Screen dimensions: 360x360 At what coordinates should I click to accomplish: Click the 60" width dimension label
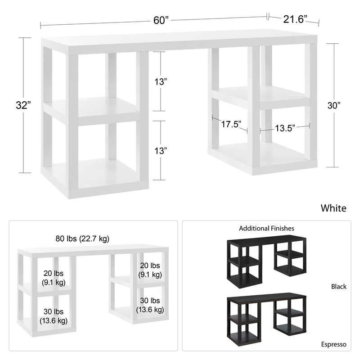(x=161, y=20)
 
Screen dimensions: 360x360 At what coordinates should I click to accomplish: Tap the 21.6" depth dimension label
(x=295, y=19)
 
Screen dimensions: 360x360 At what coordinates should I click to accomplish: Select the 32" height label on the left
(x=23, y=105)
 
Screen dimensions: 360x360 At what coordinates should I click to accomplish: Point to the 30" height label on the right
(x=334, y=105)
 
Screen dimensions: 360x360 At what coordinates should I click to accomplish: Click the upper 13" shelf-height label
(x=161, y=81)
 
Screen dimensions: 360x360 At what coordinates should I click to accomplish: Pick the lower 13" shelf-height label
(x=161, y=151)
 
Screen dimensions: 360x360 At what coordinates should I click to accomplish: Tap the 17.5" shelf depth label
(x=231, y=124)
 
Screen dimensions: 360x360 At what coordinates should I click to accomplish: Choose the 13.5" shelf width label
(x=285, y=128)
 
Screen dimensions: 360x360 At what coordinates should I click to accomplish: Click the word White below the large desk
(x=333, y=208)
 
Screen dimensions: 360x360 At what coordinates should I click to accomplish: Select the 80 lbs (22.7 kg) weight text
(x=82, y=239)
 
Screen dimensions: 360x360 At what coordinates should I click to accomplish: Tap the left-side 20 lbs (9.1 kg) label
(x=54, y=278)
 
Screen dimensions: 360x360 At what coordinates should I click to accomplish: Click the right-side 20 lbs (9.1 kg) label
(x=150, y=270)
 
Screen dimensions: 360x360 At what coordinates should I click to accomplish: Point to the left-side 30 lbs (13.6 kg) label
(x=54, y=316)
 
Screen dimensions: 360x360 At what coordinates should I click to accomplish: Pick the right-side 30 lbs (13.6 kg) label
(x=150, y=305)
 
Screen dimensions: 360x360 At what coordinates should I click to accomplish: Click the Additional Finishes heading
(x=266, y=229)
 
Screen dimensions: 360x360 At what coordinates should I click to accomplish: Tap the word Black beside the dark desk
(x=339, y=287)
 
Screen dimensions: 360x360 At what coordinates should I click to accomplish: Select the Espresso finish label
(x=333, y=344)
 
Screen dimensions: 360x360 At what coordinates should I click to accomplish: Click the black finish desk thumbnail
(x=266, y=261)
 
